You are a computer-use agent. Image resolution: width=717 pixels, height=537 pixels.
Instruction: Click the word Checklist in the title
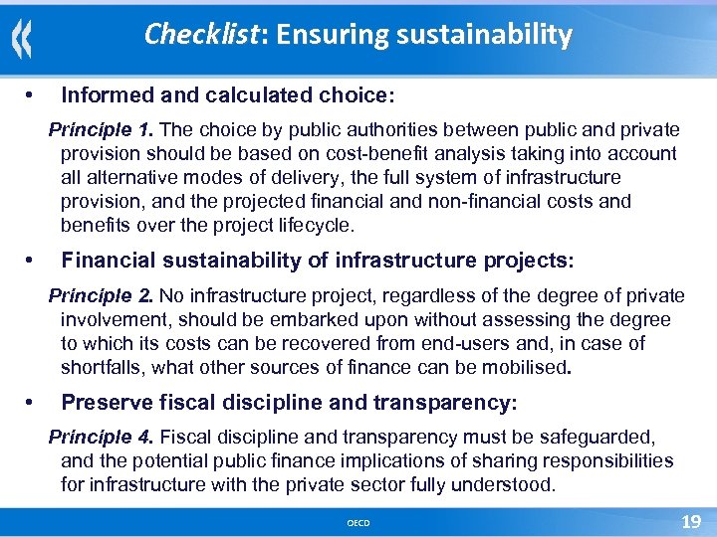pyautogui.click(x=200, y=36)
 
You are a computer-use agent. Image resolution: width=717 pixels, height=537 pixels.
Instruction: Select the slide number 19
pyautogui.click(x=690, y=521)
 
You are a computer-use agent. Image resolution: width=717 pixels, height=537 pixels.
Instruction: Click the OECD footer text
pyautogui.click(x=358, y=522)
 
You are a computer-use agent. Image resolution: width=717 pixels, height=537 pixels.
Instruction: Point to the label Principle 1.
pyautogui.click(x=102, y=130)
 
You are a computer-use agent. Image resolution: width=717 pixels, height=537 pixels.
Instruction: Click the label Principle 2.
pyautogui.click(x=102, y=296)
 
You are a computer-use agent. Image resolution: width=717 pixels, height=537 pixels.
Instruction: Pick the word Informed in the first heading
pyautogui.click(x=102, y=96)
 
